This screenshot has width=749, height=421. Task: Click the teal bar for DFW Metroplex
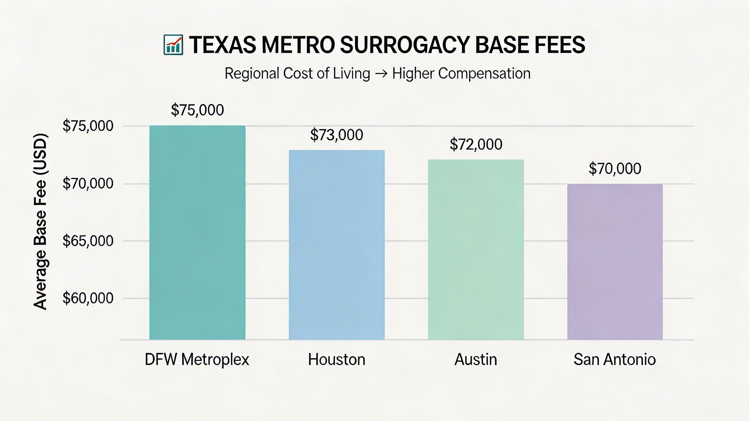point(197,232)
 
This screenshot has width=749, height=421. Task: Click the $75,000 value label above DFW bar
point(197,110)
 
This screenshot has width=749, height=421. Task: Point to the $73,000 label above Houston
point(336,135)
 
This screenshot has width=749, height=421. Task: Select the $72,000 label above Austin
point(476,144)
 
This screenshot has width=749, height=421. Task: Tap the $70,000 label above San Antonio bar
point(615,169)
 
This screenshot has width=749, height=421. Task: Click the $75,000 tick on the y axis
point(88,126)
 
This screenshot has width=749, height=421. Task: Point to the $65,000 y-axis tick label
point(88,241)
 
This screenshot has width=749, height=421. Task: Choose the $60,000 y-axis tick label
point(88,298)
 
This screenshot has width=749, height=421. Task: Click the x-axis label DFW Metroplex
point(197,359)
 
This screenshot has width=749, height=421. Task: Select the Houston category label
point(336,359)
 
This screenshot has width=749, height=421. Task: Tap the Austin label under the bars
point(476,359)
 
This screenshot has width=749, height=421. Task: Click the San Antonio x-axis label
point(614,359)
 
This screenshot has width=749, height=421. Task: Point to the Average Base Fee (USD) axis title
point(40,221)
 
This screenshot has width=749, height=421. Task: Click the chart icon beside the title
point(173,45)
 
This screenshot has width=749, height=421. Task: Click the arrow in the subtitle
point(381,73)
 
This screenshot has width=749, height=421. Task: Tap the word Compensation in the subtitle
point(484,73)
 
